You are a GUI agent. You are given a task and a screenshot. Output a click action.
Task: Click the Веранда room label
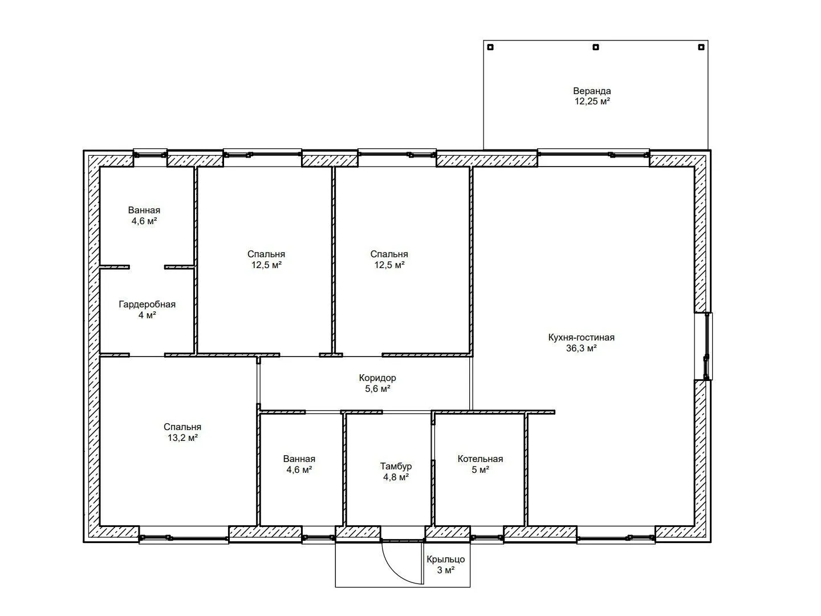click(x=592, y=91)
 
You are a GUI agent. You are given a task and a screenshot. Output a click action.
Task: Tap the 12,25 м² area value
click(x=592, y=102)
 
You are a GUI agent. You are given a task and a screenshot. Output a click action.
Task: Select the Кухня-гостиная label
click(x=581, y=337)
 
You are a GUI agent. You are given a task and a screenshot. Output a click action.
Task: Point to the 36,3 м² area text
click(x=581, y=348)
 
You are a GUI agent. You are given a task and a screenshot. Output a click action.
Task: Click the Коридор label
click(x=377, y=378)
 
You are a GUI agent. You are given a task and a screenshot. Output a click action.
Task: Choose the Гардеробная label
click(x=147, y=305)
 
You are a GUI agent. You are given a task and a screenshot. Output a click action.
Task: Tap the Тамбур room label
click(x=396, y=467)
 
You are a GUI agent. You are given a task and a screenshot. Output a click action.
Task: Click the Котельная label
click(x=480, y=459)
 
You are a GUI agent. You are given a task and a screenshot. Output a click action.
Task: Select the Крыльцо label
click(x=445, y=560)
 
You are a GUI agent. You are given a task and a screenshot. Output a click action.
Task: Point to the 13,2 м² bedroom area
click(x=182, y=437)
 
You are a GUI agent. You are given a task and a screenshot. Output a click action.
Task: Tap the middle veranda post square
click(x=596, y=47)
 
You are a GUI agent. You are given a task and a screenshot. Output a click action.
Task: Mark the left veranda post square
click(x=491, y=47)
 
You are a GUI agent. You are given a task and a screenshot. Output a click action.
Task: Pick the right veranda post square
click(x=701, y=47)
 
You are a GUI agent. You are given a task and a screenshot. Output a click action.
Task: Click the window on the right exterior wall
click(x=707, y=346)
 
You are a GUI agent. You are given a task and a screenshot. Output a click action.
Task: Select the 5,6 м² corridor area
click(x=378, y=389)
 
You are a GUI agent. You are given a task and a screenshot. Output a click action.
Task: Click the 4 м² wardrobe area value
click(x=147, y=315)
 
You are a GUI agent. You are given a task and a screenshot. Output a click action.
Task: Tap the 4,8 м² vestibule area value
click(x=396, y=477)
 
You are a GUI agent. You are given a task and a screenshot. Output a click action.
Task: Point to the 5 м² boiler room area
click(x=480, y=470)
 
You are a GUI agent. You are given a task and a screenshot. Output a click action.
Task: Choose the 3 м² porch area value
click(x=446, y=570)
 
